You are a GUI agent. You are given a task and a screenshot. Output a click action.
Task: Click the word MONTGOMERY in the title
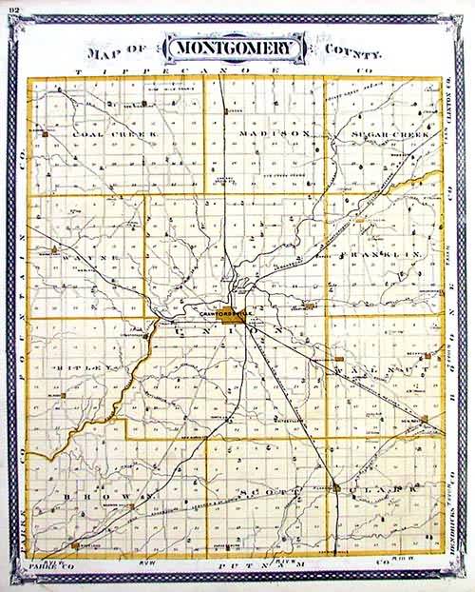point(235,49)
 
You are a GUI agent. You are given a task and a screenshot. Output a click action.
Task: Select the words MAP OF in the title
point(123,52)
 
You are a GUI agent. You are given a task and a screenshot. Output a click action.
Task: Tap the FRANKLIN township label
point(382,256)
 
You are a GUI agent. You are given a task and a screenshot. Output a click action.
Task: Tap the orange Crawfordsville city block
point(230,324)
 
